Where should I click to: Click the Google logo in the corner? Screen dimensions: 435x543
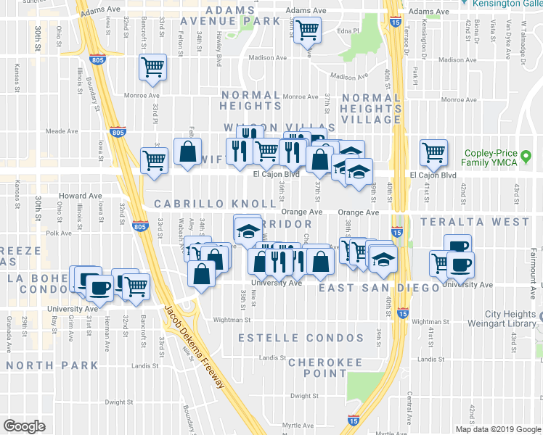[24, 426]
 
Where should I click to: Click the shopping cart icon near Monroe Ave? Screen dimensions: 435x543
[153, 67]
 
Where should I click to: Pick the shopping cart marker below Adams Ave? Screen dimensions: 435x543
[307, 30]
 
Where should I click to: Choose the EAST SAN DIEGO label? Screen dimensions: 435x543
[380, 288]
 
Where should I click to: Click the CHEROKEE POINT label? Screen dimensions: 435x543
[317, 367]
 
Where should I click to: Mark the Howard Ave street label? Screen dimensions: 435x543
[81, 196]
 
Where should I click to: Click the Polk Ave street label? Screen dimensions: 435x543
[56, 233]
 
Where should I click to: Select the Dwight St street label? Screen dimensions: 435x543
[118, 401]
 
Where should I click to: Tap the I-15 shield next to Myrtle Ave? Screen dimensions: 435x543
[353, 420]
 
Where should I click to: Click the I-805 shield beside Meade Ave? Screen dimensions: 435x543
[119, 132]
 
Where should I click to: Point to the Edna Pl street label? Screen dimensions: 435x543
[348, 31]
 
